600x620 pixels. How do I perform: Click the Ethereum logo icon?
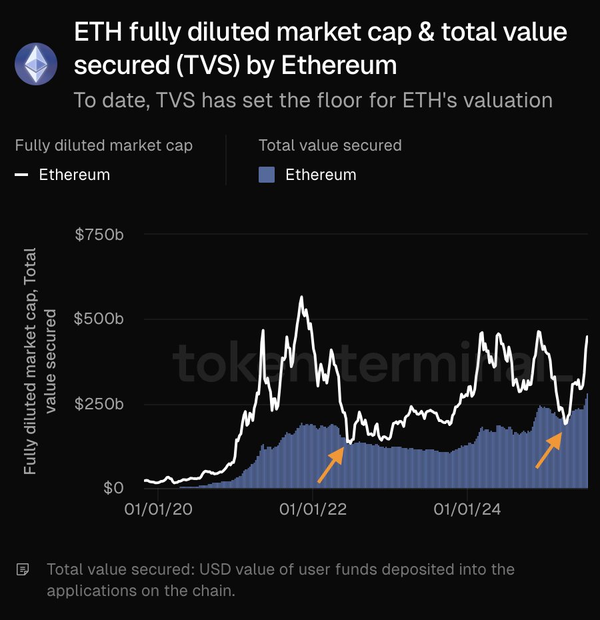coord(36,64)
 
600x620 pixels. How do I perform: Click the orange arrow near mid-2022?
coord(330,464)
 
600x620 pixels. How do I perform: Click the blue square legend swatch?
coord(267,175)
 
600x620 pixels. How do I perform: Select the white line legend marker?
coord(22,175)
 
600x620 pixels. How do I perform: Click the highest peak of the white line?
coord(301,297)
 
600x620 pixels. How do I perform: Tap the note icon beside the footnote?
coord(23,570)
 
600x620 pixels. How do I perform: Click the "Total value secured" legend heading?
coord(330,145)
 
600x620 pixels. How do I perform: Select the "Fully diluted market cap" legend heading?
coord(103,145)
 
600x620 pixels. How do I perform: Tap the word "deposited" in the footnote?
coord(387,570)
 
